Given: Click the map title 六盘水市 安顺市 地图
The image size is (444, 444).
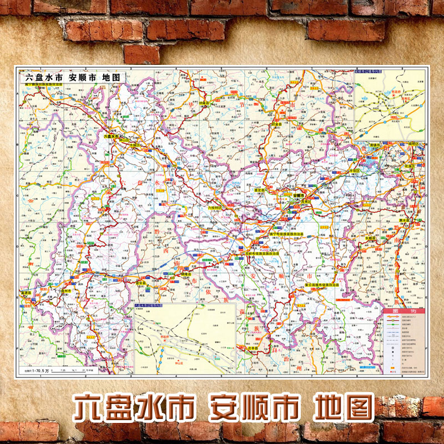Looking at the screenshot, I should (x=73, y=78).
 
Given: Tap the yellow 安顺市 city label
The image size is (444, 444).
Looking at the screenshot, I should (x=297, y=195).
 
